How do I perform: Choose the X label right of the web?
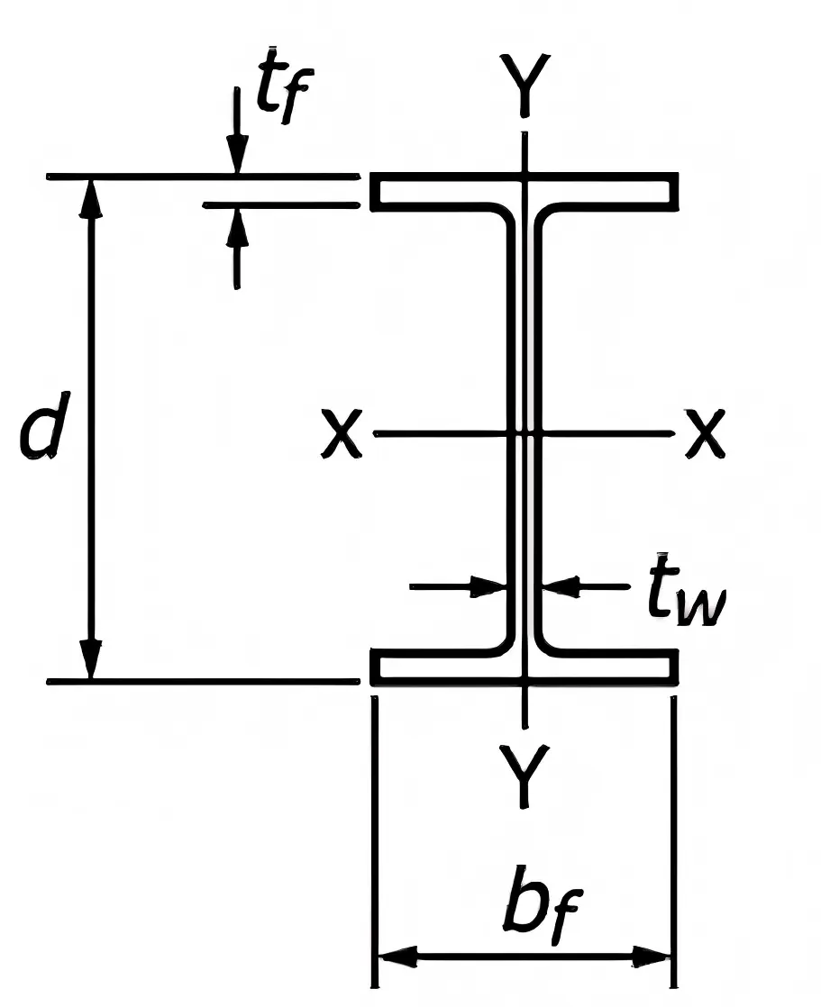coord(704,434)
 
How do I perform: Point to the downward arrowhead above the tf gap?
coord(237,159)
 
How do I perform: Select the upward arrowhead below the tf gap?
coord(237,225)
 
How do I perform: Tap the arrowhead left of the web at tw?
coord(490,587)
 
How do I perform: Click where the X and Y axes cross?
coord(525,434)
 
